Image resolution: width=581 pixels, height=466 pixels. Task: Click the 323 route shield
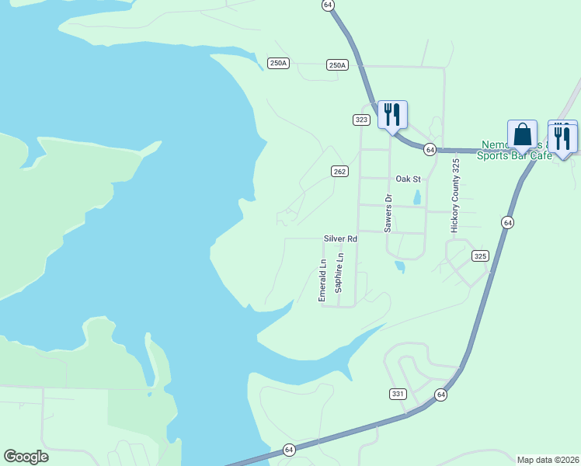[361, 120]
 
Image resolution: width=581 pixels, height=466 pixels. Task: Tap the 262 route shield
[339, 172]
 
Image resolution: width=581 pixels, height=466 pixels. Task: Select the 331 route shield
[398, 395]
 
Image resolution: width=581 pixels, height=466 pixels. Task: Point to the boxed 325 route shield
[480, 256]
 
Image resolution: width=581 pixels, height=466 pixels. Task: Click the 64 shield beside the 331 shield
[441, 395]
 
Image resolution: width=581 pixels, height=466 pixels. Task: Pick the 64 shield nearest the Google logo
[288, 450]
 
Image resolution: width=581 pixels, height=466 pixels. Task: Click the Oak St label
[408, 179]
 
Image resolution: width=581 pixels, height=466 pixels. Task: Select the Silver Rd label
[340, 239]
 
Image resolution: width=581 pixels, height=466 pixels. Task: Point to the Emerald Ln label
[322, 280]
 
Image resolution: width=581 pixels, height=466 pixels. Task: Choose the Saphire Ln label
[339, 273]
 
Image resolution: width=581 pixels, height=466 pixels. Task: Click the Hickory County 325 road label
[456, 196]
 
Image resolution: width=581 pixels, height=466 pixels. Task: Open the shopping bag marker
[522, 135]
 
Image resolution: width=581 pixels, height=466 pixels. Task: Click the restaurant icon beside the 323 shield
[392, 114]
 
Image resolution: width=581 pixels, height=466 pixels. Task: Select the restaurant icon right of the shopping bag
[562, 137]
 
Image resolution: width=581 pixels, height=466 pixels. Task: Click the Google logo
[26, 457]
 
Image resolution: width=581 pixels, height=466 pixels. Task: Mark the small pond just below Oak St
[417, 196]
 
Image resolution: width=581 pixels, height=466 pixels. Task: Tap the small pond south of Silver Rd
[399, 266]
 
